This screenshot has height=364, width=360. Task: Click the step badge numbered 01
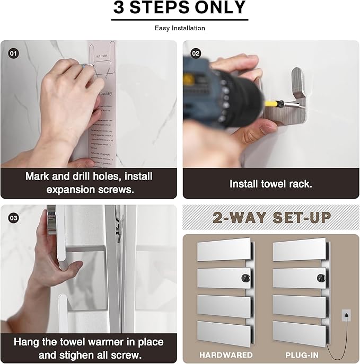point(13,54)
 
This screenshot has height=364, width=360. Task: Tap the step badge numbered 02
point(195,54)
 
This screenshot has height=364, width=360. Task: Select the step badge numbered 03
point(13,218)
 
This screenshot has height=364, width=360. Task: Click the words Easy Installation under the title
point(180,28)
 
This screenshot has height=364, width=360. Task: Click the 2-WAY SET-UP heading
point(272,217)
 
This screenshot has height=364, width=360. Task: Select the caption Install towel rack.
point(270,184)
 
